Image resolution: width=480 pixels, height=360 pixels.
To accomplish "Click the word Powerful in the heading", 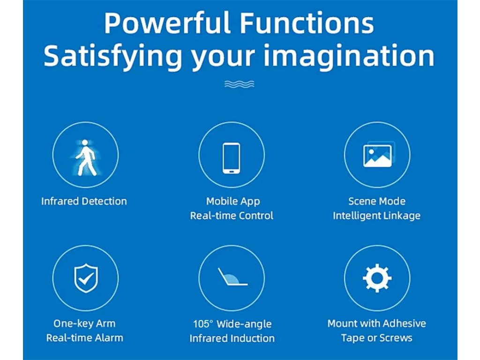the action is pyautogui.click(x=167, y=23).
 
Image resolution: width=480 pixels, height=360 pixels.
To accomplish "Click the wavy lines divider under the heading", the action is pyautogui.click(x=240, y=84).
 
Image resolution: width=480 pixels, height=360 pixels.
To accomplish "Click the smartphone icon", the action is pyautogui.click(x=232, y=158).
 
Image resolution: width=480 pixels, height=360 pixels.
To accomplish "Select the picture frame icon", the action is pyautogui.click(x=379, y=155).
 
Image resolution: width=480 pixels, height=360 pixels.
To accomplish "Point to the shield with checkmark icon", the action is pyautogui.click(x=86, y=278).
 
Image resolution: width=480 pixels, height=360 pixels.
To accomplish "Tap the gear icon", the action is pyautogui.click(x=377, y=278).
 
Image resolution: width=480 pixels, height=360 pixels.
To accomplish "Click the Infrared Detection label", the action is pyautogui.click(x=84, y=202).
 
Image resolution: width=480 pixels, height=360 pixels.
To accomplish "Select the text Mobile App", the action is pyautogui.click(x=233, y=202).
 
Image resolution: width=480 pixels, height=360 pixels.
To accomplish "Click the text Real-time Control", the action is pyautogui.click(x=232, y=216).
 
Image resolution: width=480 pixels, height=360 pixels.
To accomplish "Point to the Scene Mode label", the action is pyautogui.click(x=377, y=202).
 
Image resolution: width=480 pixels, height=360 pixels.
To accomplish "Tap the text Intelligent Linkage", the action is pyautogui.click(x=376, y=216).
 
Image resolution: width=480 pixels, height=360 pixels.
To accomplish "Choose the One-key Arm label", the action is pyautogui.click(x=84, y=323).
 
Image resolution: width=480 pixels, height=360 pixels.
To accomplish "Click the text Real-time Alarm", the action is pyautogui.click(x=85, y=338).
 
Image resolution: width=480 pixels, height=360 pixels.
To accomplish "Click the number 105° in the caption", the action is pyautogui.click(x=202, y=324).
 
